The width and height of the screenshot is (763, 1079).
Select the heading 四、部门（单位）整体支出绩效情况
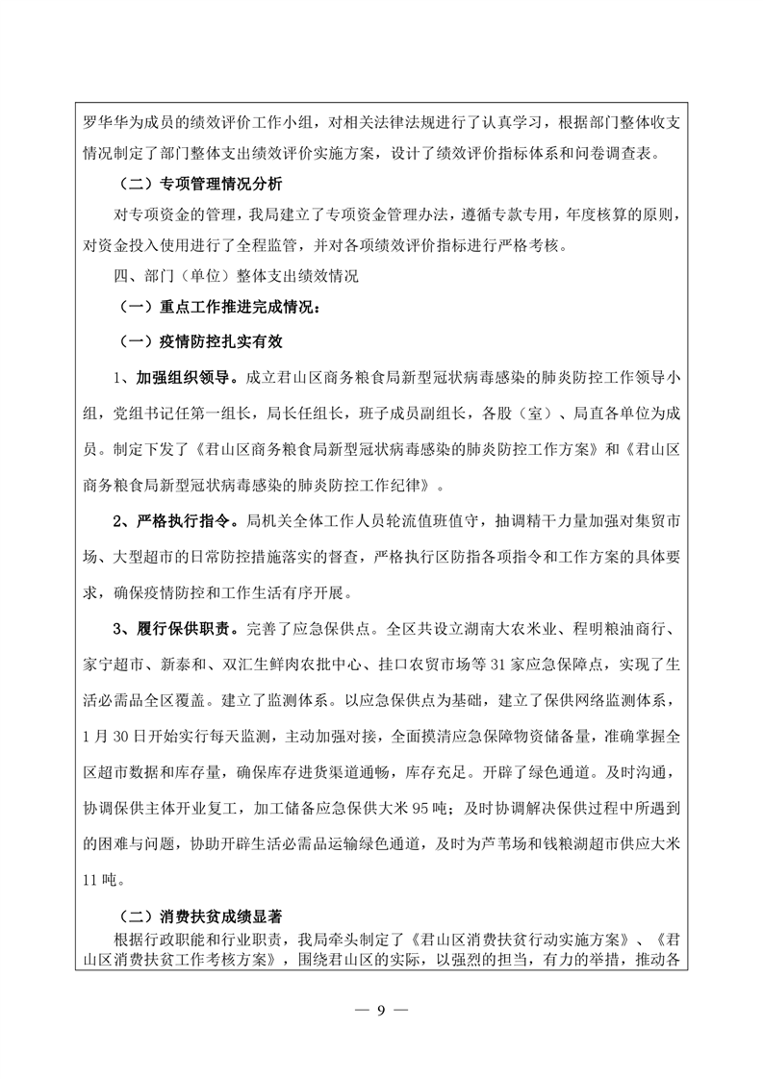coord(235,276)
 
